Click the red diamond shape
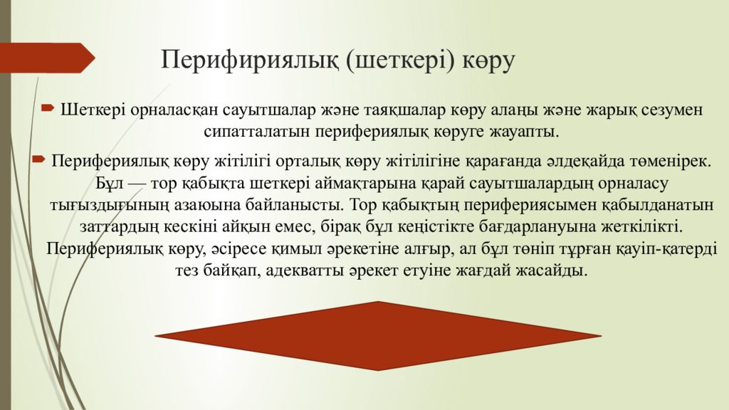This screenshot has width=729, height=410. [x=378, y=335]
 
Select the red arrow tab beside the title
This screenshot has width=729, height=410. [x=47, y=58]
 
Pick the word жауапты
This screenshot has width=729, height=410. [x=520, y=132]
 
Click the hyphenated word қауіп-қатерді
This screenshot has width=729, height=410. [x=663, y=249]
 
